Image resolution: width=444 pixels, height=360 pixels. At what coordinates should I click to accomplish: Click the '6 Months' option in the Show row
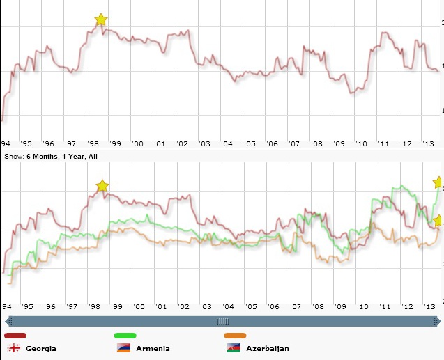[41, 157]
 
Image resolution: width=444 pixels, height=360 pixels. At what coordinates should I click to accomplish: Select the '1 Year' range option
[73, 157]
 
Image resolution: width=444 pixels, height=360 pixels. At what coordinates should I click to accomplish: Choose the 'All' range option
[92, 157]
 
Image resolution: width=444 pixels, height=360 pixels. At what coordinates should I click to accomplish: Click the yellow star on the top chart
[101, 19]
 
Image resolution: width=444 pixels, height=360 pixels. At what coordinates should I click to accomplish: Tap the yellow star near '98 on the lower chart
[102, 186]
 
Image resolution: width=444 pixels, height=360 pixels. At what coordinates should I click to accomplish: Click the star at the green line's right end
[438, 182]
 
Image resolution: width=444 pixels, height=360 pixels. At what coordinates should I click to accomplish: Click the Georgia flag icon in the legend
[13, 347]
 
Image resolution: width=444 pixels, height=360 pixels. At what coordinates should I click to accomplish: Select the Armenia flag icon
[123, 347]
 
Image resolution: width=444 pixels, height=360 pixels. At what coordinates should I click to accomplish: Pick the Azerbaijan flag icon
[233, 347]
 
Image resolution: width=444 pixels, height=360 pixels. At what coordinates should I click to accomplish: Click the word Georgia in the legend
[41, 348]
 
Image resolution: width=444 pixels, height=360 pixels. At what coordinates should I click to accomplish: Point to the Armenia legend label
[153, 348]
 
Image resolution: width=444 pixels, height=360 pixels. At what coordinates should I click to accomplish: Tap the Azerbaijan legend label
[267, 348]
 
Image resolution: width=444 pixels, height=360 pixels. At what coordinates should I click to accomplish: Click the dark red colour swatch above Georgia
[15, 336]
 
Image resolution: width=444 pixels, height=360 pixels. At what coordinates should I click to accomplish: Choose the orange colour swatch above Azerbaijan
[236, 336]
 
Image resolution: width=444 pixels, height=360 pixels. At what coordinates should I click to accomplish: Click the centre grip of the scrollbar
[222, 321]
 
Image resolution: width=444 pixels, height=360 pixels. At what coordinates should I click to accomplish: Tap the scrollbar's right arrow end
[436, 321]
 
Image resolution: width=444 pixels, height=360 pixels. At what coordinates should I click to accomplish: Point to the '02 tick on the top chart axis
[183, 143]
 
